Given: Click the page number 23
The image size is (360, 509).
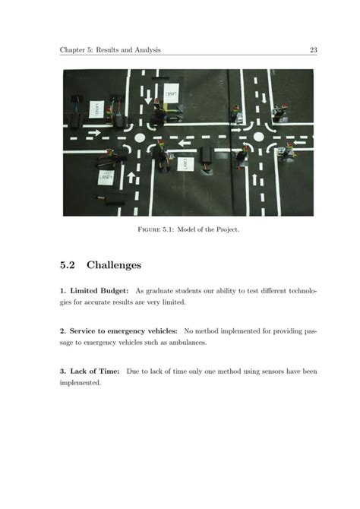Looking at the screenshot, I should (x=312, y=50).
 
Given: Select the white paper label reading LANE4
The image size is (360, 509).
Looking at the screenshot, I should (x=106, y=177).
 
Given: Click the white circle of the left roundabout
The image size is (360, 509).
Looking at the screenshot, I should (x=139, y=138).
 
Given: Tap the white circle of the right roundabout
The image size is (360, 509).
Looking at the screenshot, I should (x=258, y=138).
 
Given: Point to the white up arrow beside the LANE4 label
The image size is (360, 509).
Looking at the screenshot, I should (x=130, y=178).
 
